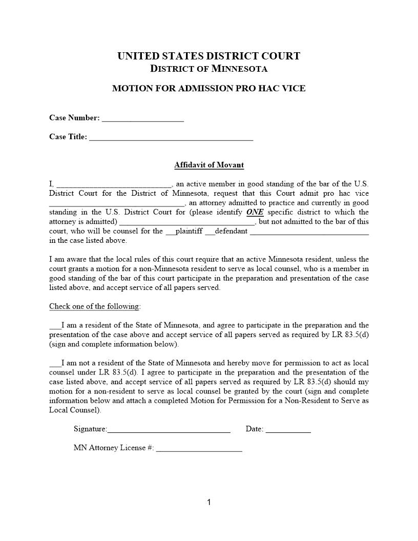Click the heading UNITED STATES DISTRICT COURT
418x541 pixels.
[208, 56]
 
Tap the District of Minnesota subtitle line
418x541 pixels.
[208, 68]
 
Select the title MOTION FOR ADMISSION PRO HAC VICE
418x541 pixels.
[208, 88]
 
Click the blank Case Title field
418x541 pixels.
[171, 138]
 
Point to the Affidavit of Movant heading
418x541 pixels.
[208, 165]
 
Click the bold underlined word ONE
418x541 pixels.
[255, 212]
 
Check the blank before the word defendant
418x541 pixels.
[210, 232]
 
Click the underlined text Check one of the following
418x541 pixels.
[95, 306]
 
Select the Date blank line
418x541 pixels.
[288, 430]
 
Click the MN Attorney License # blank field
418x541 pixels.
[199, 449]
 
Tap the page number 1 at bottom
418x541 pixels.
[209, 502]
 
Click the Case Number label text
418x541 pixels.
[74, 118]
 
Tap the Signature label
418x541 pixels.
[90, 429]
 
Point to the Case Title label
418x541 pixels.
[68, 137]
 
